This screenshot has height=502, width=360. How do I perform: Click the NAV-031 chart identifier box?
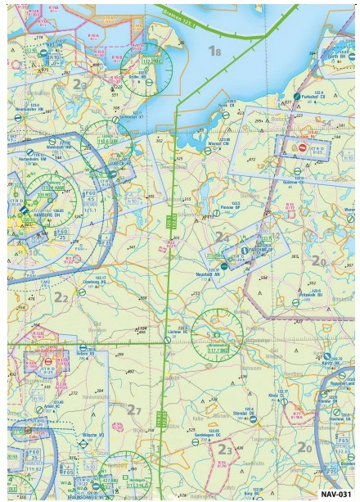(335, 494)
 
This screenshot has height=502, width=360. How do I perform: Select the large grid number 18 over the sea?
(214, 52)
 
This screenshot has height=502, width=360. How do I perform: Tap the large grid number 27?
(136, 409)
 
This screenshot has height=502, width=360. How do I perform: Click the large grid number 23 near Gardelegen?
(225, 448)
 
